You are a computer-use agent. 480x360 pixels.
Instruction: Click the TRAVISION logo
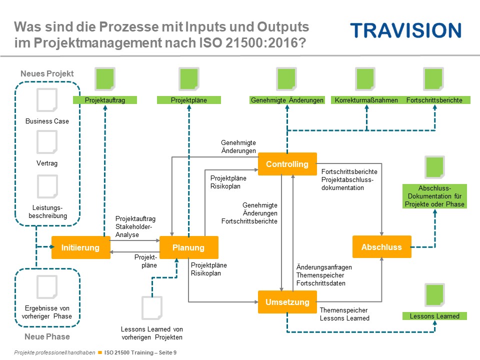(x=405, y=30)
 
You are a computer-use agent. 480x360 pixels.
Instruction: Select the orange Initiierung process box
(x=80, y=247)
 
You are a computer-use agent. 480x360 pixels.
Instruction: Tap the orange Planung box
(x=188, y=247)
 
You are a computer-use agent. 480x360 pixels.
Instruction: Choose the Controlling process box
(x=287, y=164)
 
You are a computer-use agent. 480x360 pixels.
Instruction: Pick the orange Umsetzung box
(x=287, y=302)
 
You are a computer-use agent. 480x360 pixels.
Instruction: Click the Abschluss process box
(x=381, y=247)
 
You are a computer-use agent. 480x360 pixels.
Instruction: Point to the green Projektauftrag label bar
(x=105, y=100)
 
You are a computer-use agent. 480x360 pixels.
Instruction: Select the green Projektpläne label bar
(x=189, y=100)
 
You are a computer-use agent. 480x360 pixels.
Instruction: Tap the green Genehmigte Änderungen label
(x=287, y=100)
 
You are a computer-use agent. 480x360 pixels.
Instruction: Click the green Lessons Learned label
(x=434, y=316)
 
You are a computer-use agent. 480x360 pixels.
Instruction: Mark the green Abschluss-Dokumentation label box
(x=434, y=196)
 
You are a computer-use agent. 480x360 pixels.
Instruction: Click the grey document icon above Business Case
(x=47, y=100)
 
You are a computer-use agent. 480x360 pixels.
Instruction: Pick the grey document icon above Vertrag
(x=47, y=142)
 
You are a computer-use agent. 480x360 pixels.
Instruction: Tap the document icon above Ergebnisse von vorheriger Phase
(x=47, y=287)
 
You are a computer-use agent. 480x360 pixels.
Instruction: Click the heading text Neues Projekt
(x=47, y=73)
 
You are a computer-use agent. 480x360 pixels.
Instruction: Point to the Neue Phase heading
(x=47, y=336)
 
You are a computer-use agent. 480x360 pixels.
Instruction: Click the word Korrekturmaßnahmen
(x=366, y=100)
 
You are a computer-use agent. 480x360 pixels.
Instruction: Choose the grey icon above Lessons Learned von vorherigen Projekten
(x=152, y=308)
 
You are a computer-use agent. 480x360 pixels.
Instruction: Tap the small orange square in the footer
(x=100, y=352)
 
